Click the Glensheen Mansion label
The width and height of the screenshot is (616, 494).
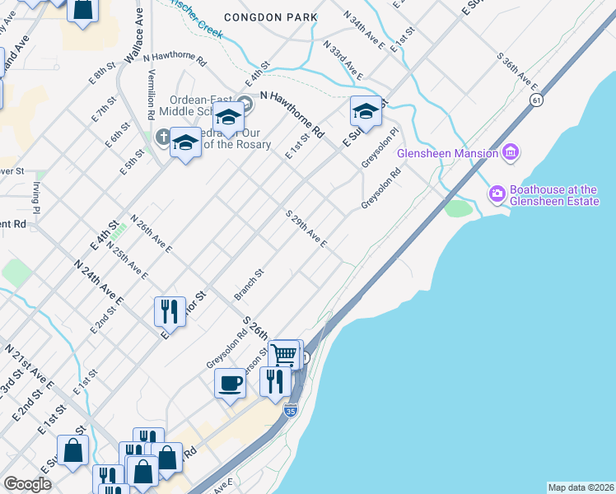pos(447,153)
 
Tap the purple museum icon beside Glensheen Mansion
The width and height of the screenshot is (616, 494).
pos(511,152)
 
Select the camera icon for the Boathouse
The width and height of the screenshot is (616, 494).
pos(497,194)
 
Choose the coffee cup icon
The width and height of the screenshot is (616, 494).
pos(230,382)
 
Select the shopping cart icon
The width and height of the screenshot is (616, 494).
pos(283,354)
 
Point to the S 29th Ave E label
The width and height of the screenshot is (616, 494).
pos(307,229)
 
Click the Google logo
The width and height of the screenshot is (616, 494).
pos(27,484)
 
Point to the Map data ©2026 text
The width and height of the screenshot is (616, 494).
pos(581,487)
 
